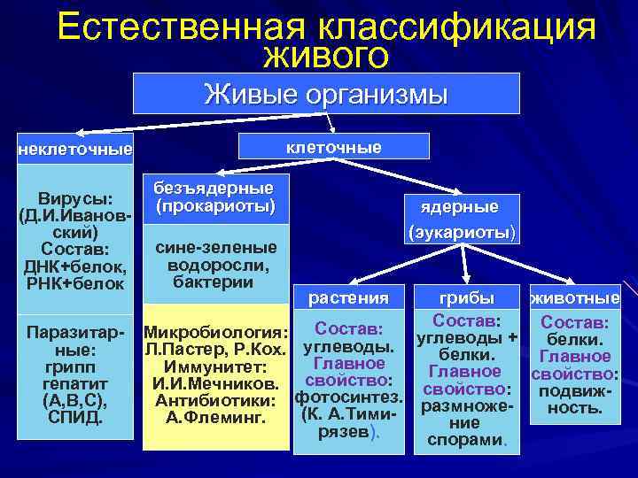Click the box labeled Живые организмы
point(325,93)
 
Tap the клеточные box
point(333,146)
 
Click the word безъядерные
point(214,188)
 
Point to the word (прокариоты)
point(214,206)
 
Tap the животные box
point(574,298)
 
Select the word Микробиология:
point(216,334)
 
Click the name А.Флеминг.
point(216,417)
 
